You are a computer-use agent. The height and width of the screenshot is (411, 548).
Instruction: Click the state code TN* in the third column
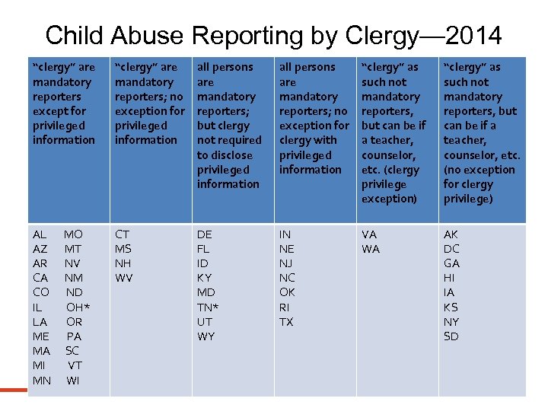tap(208, 307)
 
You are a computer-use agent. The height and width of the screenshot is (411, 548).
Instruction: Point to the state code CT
tap(123, 234)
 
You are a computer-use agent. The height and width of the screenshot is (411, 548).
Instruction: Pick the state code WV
tap(124, 278)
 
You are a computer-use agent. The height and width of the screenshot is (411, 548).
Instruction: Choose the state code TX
tap(286, 322)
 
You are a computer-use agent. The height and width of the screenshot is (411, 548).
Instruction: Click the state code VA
tap(369, 234)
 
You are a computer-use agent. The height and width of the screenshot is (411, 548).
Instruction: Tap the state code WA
tap(371, 249)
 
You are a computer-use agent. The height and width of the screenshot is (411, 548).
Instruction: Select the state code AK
tap(451, 234)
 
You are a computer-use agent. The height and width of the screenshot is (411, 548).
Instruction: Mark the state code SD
tap(451, 336)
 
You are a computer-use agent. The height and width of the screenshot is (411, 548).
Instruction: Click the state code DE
tap(205, 234)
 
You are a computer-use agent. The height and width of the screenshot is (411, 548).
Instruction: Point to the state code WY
tap(206, 336)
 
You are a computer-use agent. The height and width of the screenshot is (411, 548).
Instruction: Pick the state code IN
tap(285, 234)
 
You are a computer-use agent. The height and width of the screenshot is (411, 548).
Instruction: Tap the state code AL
tap(40, 234)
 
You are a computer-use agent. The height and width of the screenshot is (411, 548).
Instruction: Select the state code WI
tap(73, 380)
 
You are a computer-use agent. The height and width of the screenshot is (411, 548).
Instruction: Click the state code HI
tap(450, 278)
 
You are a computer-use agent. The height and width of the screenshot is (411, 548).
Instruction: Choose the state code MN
tap(42, 380)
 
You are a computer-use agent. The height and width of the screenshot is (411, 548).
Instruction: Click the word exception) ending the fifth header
tap(389, 199)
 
